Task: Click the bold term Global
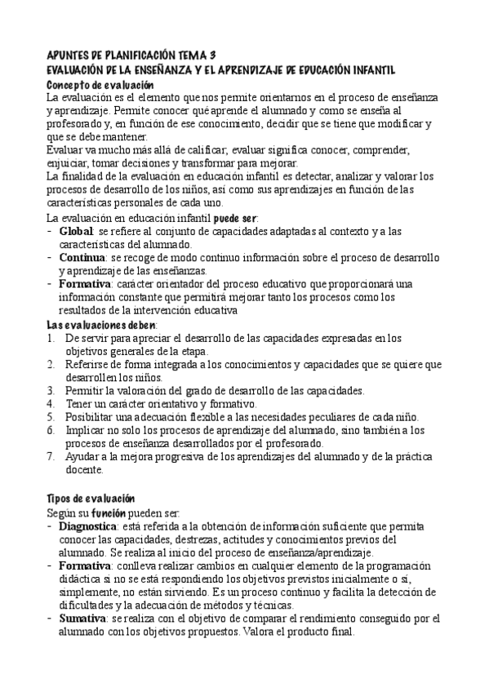78,232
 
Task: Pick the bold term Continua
83,257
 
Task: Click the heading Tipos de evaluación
90,499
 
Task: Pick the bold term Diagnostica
91,526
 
